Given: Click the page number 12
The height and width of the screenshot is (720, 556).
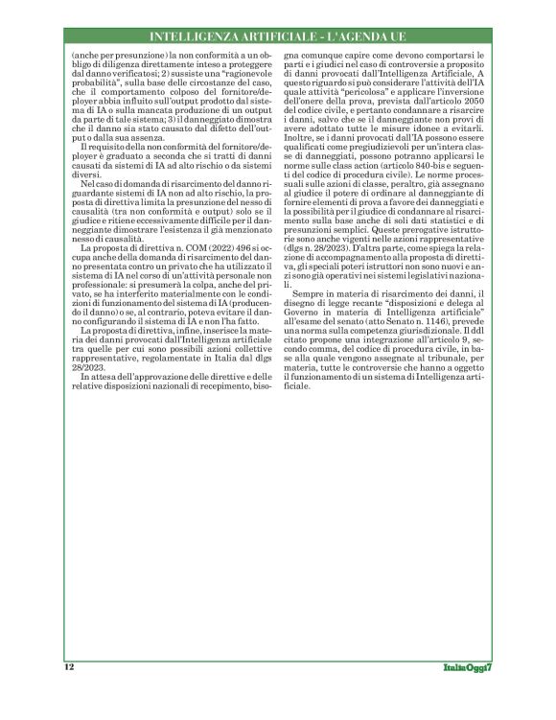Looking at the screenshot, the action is pyautogui.click(x=70, y=665).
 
